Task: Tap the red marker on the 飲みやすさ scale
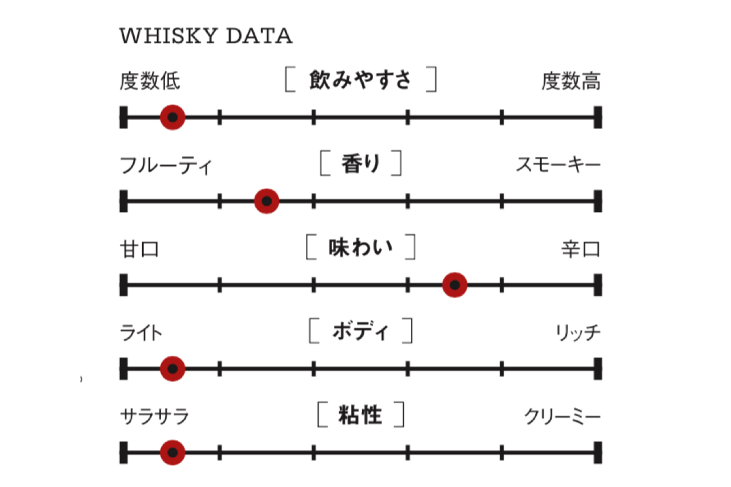[172, 118]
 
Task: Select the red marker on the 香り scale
[266, 201]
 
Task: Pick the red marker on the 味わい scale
[455, 284]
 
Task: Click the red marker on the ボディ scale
[172, 368]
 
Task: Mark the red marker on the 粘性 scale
[172, 452]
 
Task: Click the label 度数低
[150, 81]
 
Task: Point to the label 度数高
[571, 81]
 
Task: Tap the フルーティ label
[166, 166]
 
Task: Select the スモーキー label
[558, 166]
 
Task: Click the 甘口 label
[139, 249]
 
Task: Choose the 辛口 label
[580, 249]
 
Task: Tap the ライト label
[141, 333]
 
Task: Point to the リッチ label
[579, 333]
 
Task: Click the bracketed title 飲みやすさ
[360, 80]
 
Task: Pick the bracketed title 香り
[360, 164]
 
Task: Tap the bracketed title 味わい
[360, 248]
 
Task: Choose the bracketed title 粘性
[360, 414]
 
